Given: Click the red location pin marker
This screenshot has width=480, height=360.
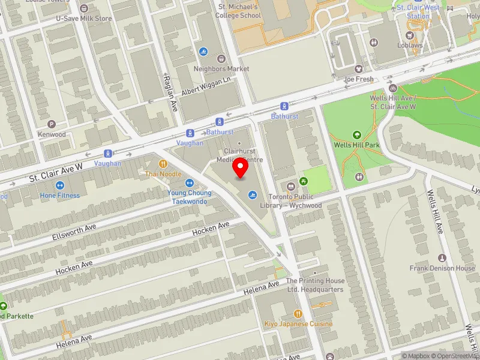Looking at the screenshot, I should click(x=241, y=168).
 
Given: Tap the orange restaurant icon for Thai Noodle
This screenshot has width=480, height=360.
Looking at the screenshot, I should click(x=163, y=163).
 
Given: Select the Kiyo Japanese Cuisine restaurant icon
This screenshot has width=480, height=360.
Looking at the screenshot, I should click(x=298, y=314).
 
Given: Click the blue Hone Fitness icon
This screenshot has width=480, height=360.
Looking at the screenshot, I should click(x=60, y=185).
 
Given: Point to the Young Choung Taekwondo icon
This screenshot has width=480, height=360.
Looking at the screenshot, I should click(x=189, y=183).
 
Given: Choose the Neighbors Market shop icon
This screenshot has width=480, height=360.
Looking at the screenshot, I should click(x=221, y=59).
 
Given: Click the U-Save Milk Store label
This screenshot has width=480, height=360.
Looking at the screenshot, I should click(x=83, y=19).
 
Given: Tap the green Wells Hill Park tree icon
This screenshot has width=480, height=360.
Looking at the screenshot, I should click(x=357, y=135).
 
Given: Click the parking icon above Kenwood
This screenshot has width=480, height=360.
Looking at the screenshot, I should click(x=51, y=124).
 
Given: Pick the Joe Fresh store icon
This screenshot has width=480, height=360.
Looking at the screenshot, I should click(x=359, y=69).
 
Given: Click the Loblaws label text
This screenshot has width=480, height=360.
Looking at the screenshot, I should click(x=410, y=44).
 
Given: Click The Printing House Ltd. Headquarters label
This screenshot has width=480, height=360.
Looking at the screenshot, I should click(x=315, y=285).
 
